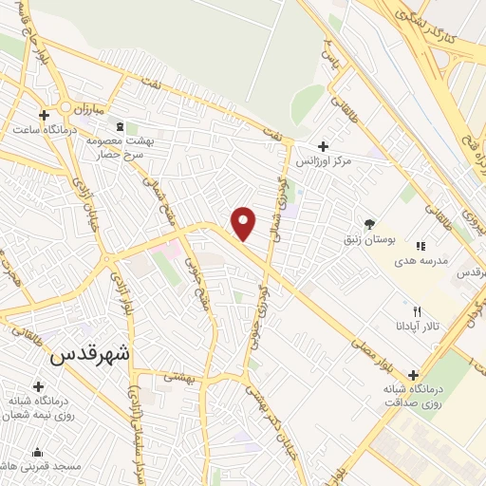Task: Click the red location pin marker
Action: (244, 224)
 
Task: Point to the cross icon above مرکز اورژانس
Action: (324, 146)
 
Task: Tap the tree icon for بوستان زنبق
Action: (369, 224)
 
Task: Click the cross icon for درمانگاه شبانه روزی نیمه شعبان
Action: (38, 386)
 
